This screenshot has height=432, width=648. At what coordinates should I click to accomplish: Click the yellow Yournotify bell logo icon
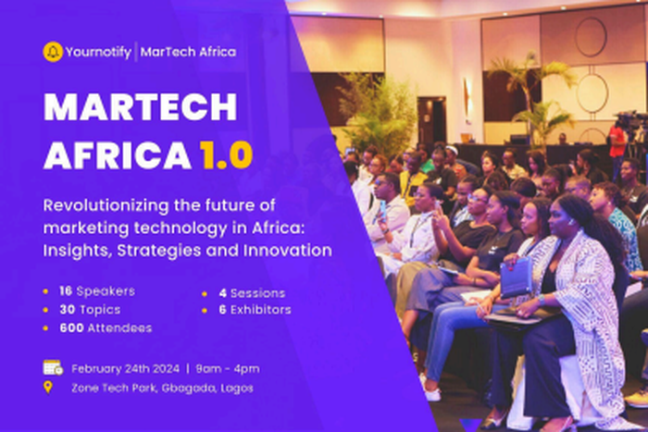[x=53, y=52]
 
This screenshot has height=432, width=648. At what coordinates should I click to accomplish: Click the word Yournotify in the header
[x=98, y=52]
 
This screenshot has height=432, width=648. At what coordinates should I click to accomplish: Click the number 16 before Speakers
[x=65, y=291]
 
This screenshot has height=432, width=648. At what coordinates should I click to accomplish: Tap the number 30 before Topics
[x=65, y=309]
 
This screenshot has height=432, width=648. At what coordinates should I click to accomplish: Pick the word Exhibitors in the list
[x=258, y=309]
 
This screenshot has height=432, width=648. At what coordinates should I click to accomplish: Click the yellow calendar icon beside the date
[x=52, y=367]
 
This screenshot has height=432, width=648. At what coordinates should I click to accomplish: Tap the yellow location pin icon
[x=48, y=387]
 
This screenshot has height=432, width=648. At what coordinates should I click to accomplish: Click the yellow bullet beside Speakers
[x=47, y=291]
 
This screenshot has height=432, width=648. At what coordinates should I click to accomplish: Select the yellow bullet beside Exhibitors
[x=204, y=309]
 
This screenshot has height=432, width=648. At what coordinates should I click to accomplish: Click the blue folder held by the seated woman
[x=515, y=277]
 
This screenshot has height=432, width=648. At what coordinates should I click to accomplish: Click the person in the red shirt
[x=617, y=141]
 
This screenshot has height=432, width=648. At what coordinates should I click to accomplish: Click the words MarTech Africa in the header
[x=189, y=52]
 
